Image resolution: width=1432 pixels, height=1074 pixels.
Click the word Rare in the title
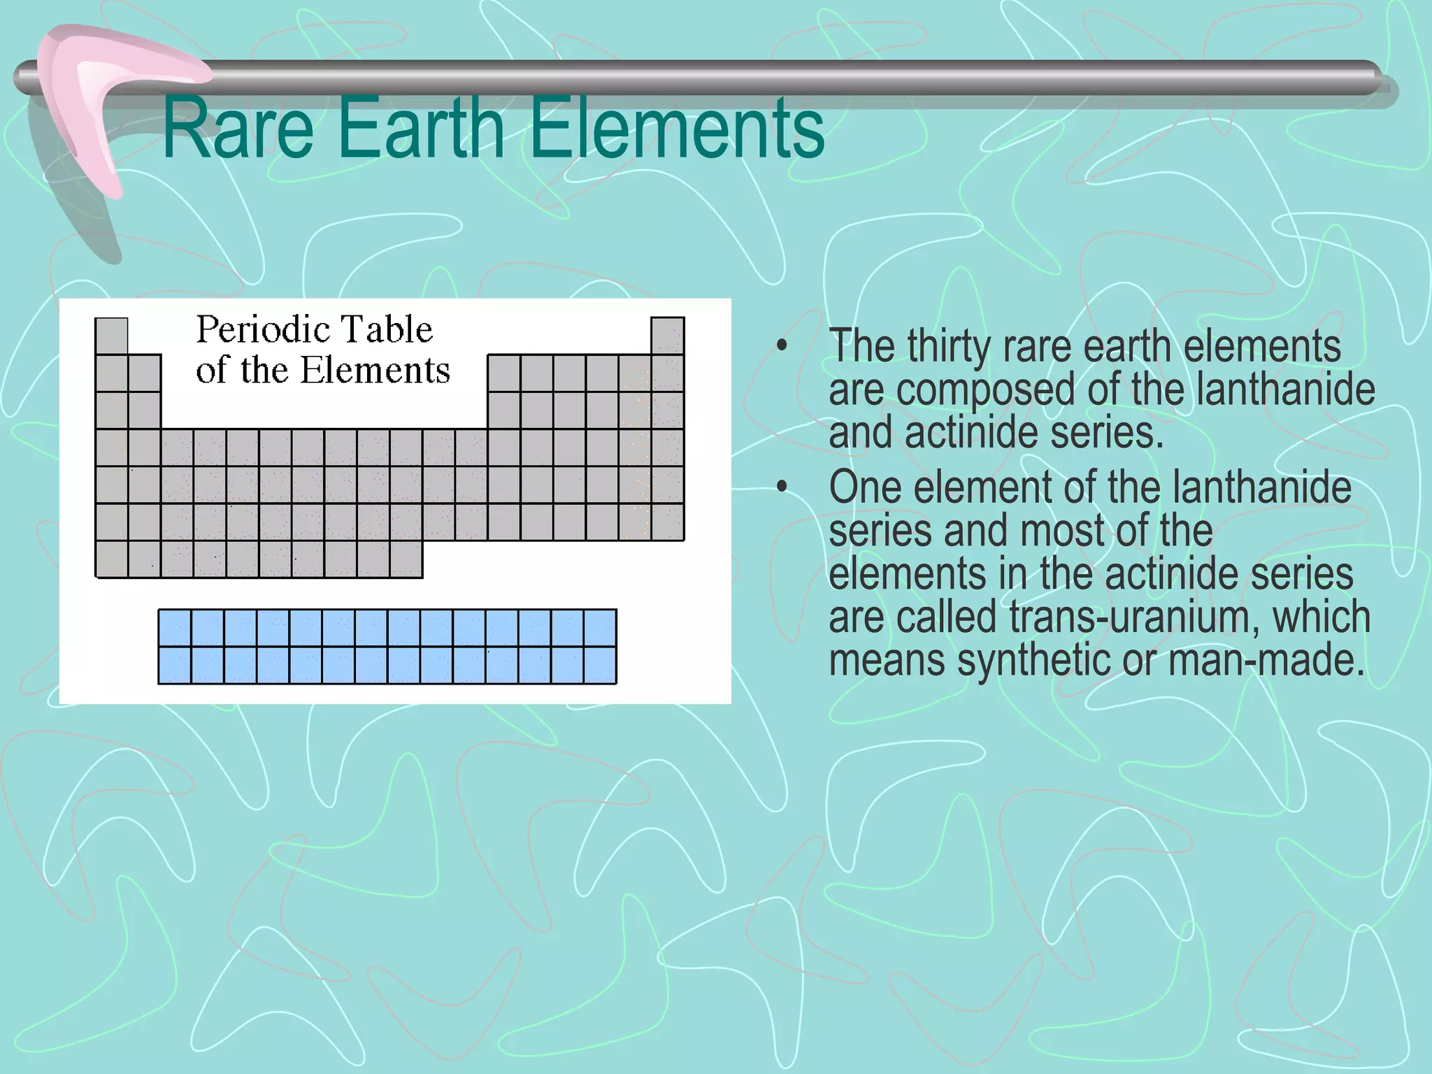[238, 129]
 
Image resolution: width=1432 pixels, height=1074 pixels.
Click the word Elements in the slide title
[676, 129]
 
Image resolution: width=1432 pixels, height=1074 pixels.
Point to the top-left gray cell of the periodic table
[111, 336]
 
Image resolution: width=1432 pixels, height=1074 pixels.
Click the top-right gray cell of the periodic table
[667, 336]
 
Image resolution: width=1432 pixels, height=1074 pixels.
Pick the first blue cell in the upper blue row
[175, 627]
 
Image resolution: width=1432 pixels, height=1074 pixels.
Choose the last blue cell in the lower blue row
[600, 665]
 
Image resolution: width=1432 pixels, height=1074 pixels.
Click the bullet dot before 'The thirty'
[782, 346]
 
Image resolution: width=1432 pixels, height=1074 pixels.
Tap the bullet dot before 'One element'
[782, 487]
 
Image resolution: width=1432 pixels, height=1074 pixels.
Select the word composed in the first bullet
[985, 389]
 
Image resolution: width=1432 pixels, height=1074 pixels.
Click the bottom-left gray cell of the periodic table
[111, 559]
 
